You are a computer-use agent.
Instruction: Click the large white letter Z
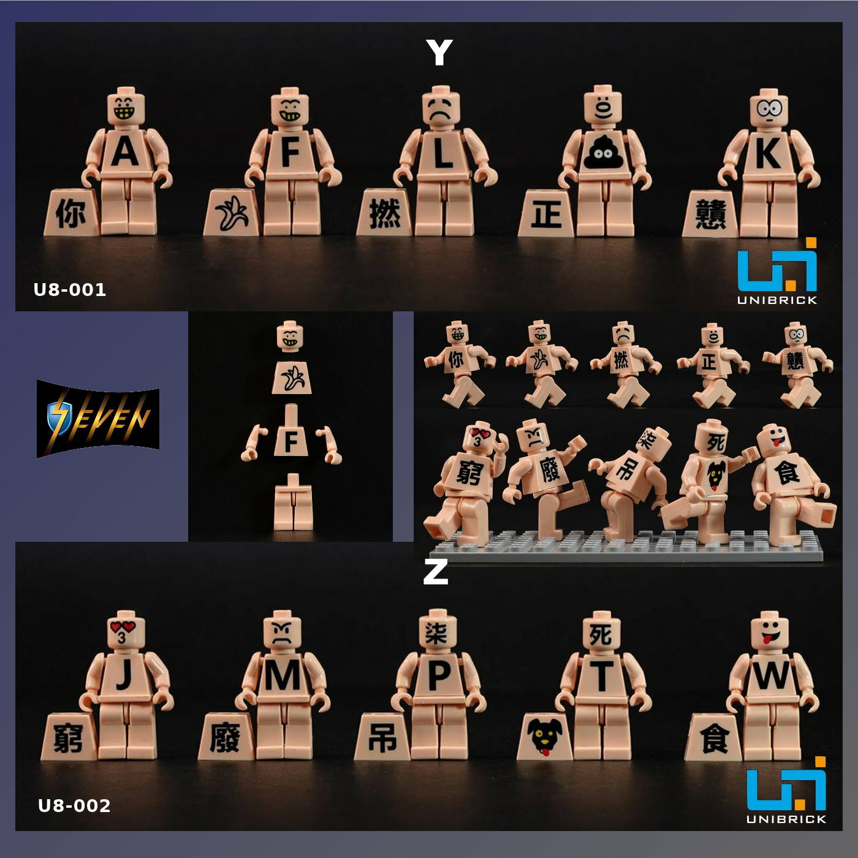[x=435, y=572]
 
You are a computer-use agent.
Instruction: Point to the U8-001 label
[x=70, y=289]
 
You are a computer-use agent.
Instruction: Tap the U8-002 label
[x=74, y=805]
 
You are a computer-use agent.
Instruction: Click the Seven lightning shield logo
[x=98, y=419]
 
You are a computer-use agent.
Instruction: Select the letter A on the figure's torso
[x=125, y=152]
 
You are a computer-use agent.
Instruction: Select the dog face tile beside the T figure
[x=544, y=737]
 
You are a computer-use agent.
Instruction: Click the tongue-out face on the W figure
[x=770, y=631]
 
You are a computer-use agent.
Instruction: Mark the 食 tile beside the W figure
[x=714, y=738]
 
